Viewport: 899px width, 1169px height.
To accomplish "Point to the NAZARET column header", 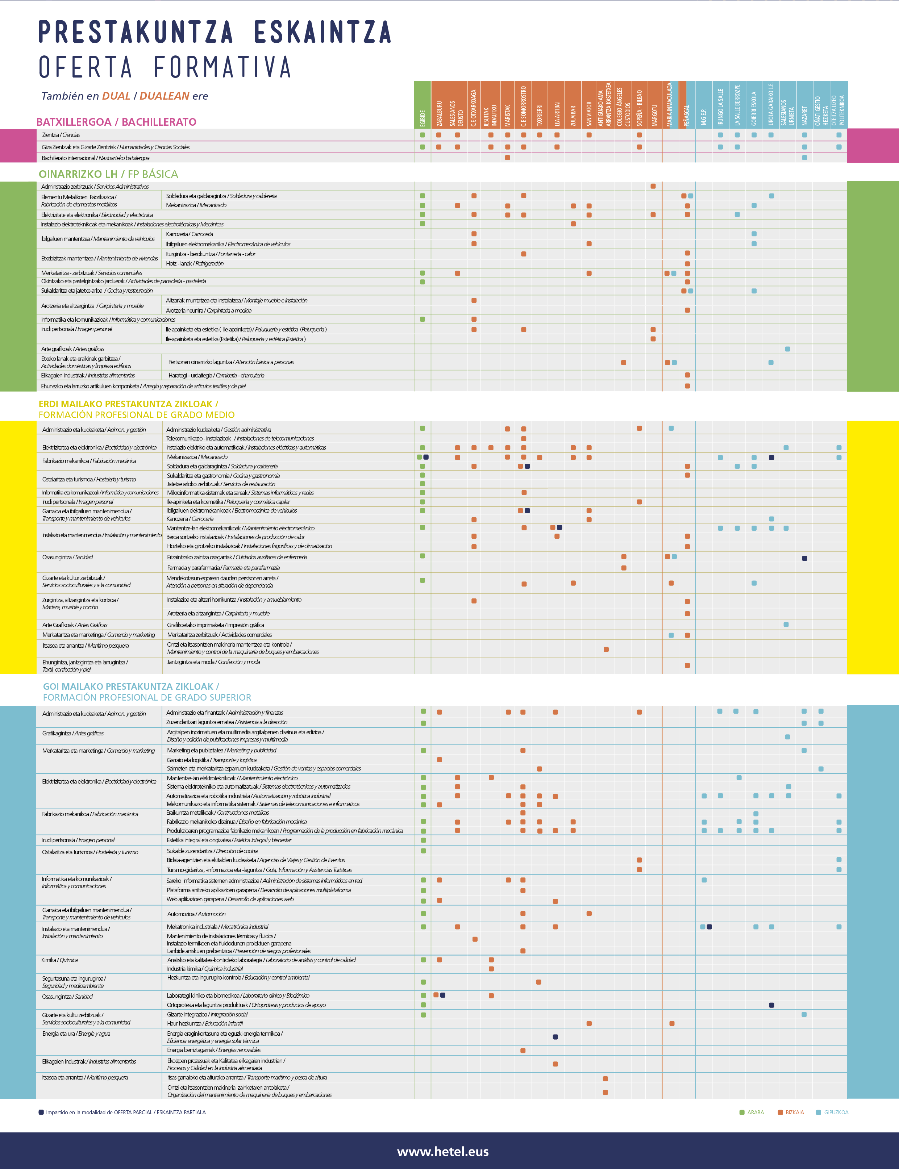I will point(804,115).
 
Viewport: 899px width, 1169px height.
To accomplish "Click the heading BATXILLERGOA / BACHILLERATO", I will point(116,122).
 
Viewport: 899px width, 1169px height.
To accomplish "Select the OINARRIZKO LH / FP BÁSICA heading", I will point(108,174).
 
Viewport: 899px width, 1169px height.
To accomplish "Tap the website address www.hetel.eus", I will point(442,1151).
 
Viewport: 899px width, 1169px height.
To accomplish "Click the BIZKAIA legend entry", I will point(794,1112).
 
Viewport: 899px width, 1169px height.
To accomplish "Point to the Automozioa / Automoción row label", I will point(196,914).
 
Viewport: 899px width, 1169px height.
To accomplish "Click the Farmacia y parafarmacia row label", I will point(223,568).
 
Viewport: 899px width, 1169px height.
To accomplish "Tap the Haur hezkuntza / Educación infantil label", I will point(205,1023).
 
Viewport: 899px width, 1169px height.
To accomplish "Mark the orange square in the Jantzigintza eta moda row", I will point(687,665).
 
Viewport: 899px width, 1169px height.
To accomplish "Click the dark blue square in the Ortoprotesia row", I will point(771,1005).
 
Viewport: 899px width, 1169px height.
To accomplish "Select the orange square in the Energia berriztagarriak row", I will point(523,1050).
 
